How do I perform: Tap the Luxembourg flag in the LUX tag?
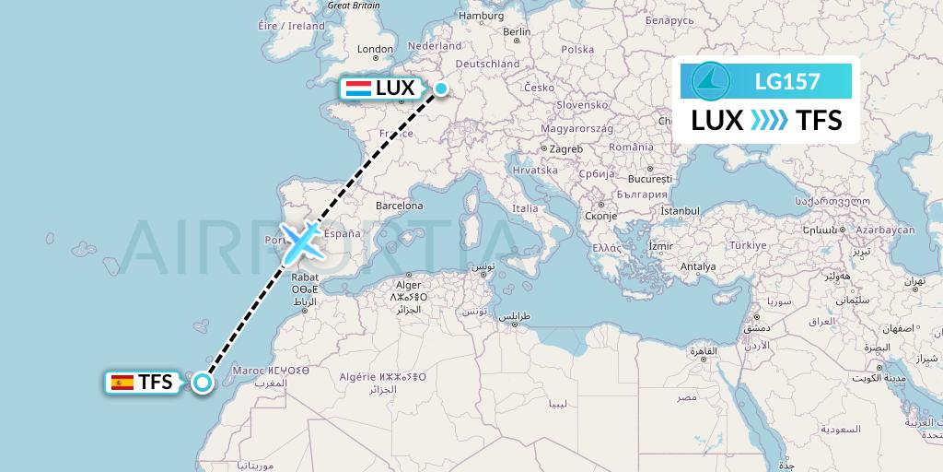click(358, 88)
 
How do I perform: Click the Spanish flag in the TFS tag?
click(122, 382)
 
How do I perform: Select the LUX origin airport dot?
click(441, 88)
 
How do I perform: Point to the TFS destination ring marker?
click(203, 383)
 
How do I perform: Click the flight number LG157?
click(786, 81)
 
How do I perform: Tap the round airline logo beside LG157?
click(710, 80)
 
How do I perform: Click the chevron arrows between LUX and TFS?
click(770, 120)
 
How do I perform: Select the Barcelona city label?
click(398, 206)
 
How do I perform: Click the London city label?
click(375, 50)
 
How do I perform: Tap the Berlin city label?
click(518, 31)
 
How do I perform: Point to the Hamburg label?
click(481, 16)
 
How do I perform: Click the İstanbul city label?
click(681, 211)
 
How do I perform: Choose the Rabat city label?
click(305, 276)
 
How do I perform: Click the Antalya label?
click(698, 267)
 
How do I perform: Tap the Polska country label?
click(577, 50)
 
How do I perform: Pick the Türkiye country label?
click(748, 245)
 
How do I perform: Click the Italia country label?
click(525, 208)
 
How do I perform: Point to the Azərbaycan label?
click(885, 229)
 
